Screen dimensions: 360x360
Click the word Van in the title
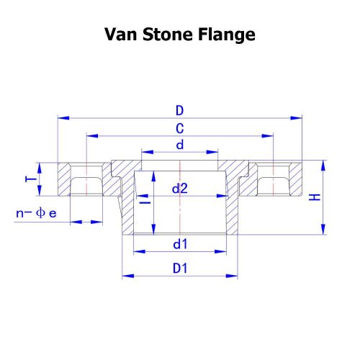(x=121, y=35)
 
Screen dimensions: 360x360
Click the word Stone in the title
(x=168, y=35)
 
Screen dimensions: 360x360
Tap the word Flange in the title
(x=227, y=35)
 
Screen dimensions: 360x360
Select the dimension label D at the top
(x=179, y=111)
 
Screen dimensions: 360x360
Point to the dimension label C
(x=180, y=128)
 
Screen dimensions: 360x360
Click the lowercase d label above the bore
(x=180, y=145)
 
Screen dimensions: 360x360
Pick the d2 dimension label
(x=180, y=189)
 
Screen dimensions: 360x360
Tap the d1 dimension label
(x=180, y=244)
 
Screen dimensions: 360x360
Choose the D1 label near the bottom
(x=180, y=269)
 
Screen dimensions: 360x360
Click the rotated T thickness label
(x=31, y=179)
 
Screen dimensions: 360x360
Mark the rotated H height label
(x=315, y=197)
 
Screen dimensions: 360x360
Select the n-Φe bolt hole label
(x=36, y=213)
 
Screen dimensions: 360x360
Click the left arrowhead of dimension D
(x=63, y=118)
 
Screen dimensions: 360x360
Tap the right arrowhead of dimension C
(x=268, y=136)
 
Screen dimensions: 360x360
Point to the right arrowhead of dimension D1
(x=232, y=276)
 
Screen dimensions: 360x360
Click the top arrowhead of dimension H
(x=323, y=166)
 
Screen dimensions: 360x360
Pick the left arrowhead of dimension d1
(x=139, y=251)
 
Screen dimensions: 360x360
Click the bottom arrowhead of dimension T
(x=40, y=190)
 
